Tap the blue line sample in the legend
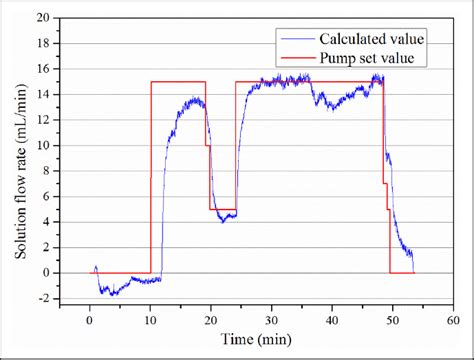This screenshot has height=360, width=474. [295, 39]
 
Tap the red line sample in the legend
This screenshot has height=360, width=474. [295, 59]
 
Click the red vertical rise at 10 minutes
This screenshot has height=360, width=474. [151, 180]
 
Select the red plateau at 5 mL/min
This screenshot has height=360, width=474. [223, 209]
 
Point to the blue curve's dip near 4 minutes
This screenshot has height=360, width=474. [113, 293]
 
